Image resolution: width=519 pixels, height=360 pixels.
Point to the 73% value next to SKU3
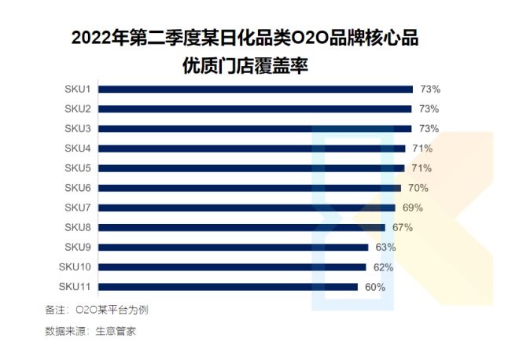click(429, 128)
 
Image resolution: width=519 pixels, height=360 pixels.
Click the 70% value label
click(418, 188)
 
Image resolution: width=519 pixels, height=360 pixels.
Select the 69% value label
click(413, 208)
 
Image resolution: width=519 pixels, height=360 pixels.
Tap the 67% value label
click(403, 227)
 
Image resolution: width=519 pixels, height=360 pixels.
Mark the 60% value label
click(375, 287)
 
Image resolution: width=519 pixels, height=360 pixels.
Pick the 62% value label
click(383, 267)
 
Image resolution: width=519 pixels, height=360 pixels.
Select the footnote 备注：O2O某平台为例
click(98, 310)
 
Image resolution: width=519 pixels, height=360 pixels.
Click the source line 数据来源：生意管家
click(91, 331)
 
